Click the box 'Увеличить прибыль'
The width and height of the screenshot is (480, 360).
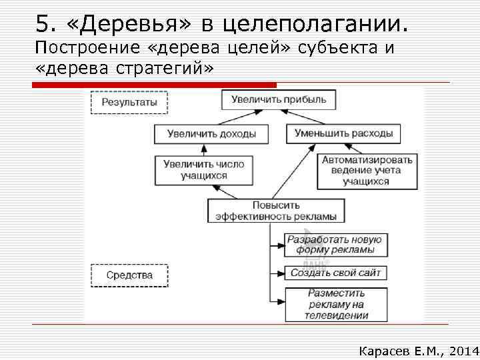[x=279, y=100]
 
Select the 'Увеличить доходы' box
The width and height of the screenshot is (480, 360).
[x=211, y=133]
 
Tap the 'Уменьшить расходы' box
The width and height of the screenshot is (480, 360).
[x=343, y=133]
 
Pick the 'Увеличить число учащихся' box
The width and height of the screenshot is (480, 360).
[x=203, y=170]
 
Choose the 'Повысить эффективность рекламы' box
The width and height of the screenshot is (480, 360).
[x=276, y=211]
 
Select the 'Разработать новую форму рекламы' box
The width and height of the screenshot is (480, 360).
[x=335, y=245]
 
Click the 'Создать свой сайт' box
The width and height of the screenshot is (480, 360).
[x=335, y=273]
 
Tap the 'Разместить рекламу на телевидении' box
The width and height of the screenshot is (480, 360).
[x=335, y=304]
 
